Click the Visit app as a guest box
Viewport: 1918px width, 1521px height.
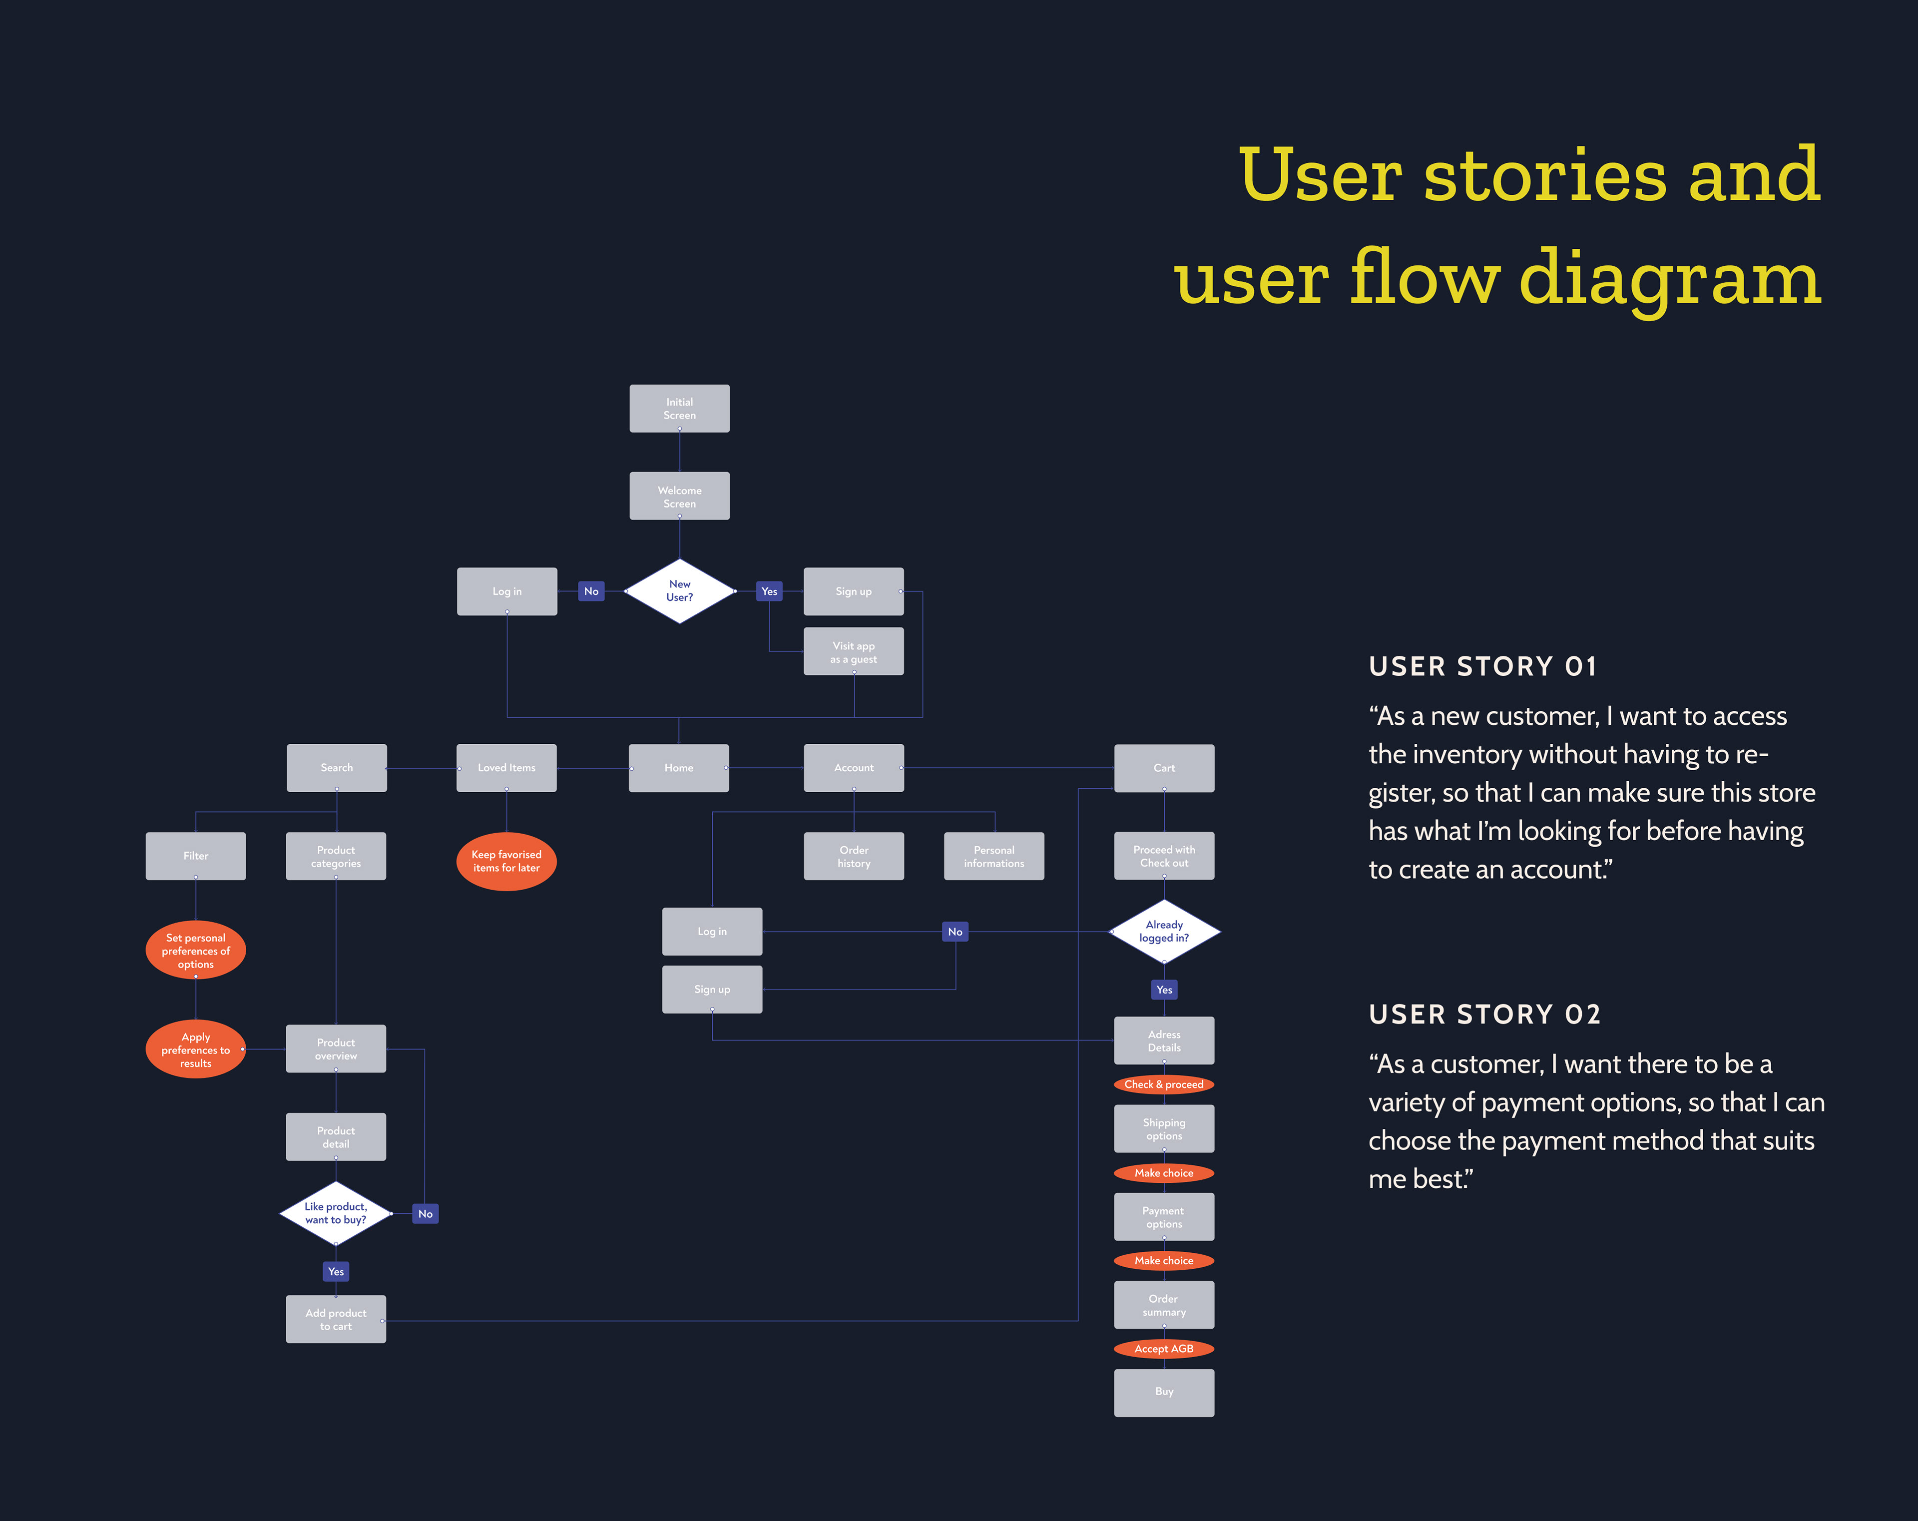(x=853, y=652)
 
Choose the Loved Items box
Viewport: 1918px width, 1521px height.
(x=506, y=768)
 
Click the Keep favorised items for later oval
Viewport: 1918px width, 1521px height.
(x=506, y=861)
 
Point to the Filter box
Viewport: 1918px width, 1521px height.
(x=196, y=856)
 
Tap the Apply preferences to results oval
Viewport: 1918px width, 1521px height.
(x=196, y=1049)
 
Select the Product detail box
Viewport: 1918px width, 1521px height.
(x=335, y=1137)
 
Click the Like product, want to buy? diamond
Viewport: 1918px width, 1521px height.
(x=335, y=1213)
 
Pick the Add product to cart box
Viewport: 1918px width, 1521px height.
(x=335, y=1319)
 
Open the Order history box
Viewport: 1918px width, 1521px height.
(x=853, y=857)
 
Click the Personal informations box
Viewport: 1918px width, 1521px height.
(x=993, y=857)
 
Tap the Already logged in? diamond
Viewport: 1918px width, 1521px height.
(x=1164, y=931)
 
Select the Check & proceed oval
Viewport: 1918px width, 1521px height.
(x=1164, y=1084)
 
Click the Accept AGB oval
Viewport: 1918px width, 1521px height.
(x=1164, y=1349)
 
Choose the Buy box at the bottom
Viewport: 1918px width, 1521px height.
(x=1164, y=1392)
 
